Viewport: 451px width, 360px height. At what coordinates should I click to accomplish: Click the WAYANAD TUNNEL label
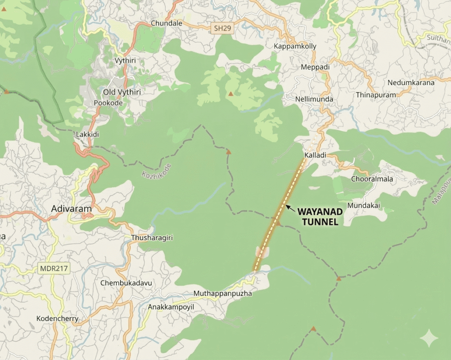tap(320, 217)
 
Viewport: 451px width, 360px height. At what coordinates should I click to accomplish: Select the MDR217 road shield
tap(54, 268)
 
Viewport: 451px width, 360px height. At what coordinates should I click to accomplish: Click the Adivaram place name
tap(71, 209)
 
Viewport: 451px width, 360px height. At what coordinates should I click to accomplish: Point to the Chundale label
tap(166, 23)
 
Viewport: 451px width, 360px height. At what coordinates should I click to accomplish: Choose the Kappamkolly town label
tap(295, 46)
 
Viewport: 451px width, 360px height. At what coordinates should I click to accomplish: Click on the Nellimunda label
tap(314, 99)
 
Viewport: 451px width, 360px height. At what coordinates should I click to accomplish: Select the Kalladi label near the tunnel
tap(315, 155)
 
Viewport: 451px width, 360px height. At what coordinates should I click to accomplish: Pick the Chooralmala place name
tap(372, 179)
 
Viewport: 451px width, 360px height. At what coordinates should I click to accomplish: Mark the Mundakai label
tap(363, 206)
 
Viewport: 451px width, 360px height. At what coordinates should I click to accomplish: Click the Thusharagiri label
tap(152, 238)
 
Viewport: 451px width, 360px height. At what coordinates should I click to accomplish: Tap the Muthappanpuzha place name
tap(223, 293)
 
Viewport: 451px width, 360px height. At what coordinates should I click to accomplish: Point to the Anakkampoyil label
tap(171, 307)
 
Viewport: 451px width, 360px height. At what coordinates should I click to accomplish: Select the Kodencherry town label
tap(57, 319)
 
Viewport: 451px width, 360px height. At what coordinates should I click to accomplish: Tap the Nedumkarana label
tap(411, 82)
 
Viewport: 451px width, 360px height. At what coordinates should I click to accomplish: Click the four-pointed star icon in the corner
tap(429, 338)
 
